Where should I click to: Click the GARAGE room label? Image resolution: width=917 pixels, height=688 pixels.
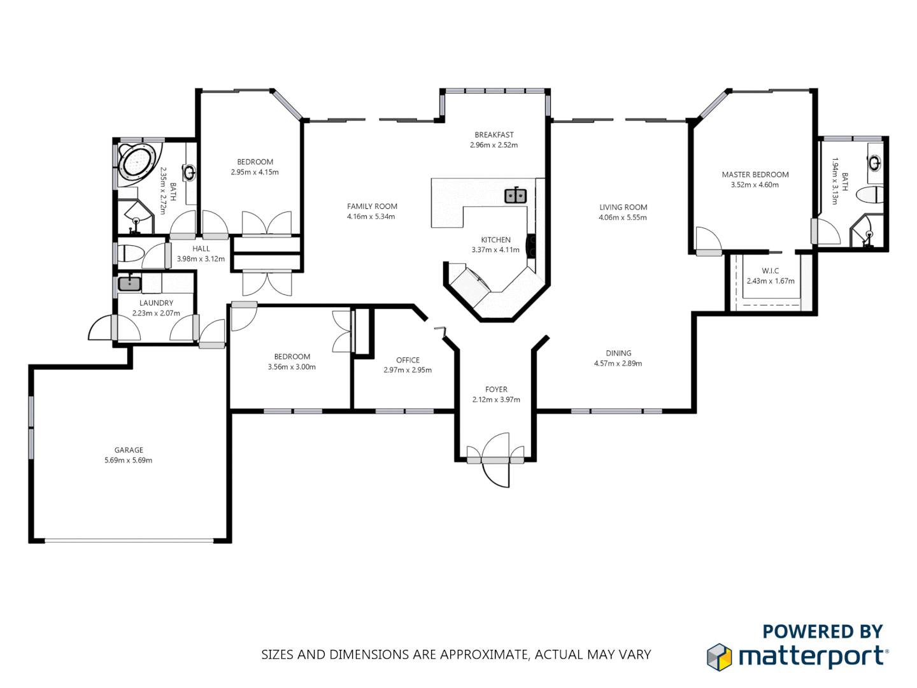pyautogui.click(x=129, y=450)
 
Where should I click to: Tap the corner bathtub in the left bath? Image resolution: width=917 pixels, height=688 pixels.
pyautogui.click(x=138, y=161)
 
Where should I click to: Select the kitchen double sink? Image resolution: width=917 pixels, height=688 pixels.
pyautogui.click(x=515, y=196)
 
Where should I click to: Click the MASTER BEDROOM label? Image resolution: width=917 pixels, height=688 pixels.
pyautogui.click(x=755, y=175)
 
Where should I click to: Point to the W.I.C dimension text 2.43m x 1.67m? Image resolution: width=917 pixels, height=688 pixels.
pyautogui.click(x=771, y=281)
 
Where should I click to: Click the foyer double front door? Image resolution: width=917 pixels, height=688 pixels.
pyautogui.click(x=496, y=460)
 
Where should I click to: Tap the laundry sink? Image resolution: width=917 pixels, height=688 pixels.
pyautogui.click(x=130, y=283)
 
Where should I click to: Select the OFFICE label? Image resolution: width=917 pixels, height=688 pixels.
pyautogui.click(x=408, y=360)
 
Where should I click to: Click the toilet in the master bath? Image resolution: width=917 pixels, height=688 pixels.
pyautogui.click(x=870, y=195)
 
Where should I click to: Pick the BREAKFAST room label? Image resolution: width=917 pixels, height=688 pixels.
pyautogui.click(x=494, y=135)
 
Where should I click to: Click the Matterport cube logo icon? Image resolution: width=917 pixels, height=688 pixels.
pyautogui.click(x=720, y=657)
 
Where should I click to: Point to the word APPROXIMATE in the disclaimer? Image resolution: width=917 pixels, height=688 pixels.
pyautogui.click(x=484, y=654)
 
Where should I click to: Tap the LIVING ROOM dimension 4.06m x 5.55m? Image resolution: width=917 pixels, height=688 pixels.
pyautogui.click(x=622, y=217)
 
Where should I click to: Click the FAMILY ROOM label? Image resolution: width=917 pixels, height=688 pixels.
pyautogui.click(x=372, y=206)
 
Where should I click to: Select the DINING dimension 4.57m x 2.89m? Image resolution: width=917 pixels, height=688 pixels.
pyautogui.click(x=618, y=363)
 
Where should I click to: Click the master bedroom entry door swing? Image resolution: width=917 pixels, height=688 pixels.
pyautogui.click(x=708, y=241)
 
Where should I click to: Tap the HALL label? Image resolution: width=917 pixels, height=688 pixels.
pyautogui.click(x=201, y=248)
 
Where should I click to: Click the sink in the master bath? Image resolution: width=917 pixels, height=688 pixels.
pyautogui.click(x=875, y=163)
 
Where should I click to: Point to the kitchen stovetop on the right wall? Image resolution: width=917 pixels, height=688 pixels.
pyautogui.click(x=530, y=246)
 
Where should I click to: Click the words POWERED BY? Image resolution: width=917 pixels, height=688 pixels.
pyautogui.click(x=822, y=631)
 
